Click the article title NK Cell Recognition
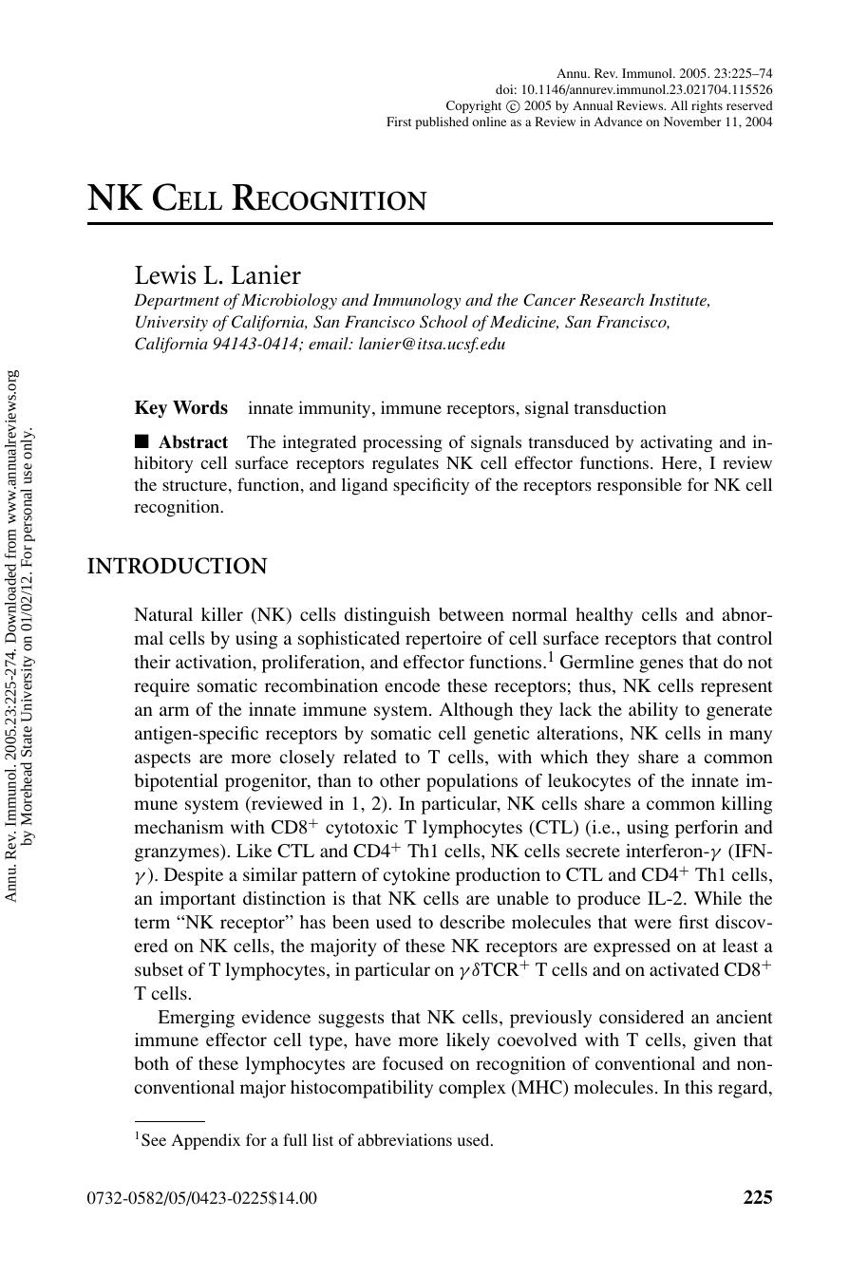pyautogui.click(x=256, y=199)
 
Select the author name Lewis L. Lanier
pyautogui.click(x=217, y=275)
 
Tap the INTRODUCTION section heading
pyautogui.click(x=177, y=567)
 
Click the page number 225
pyautogui.click(x=757, y=1197)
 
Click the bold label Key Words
pyautogui.click(x=180, y=408)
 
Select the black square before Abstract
pyautogui.click(x=142, y=441)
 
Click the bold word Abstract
pyautogui.click(x=193, y=442)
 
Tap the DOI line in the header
pyautogui.click(x=633, y=89)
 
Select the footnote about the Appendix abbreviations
pyautogui.click(x=313, y=1140)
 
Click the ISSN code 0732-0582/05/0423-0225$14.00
pyautogui.click(x=202, y=1198)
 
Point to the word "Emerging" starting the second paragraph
pyautogui.click(x=196, y=1017)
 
